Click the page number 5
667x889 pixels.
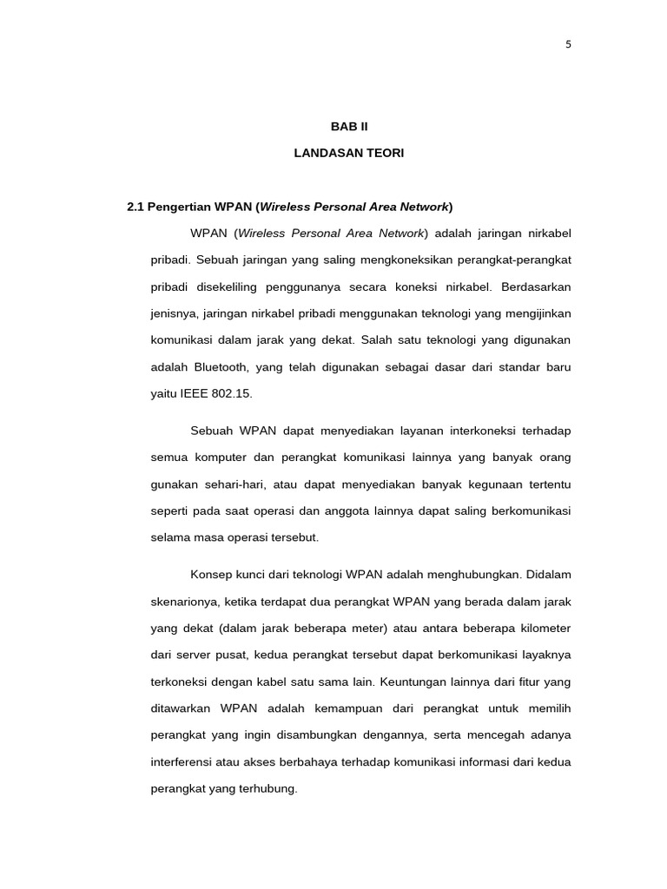click(568, 45)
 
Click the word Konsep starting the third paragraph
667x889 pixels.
click(211, 574)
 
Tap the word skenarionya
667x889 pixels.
click(185, 601)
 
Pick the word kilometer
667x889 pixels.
click(541, 628)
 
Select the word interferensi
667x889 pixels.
click(183, 762)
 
